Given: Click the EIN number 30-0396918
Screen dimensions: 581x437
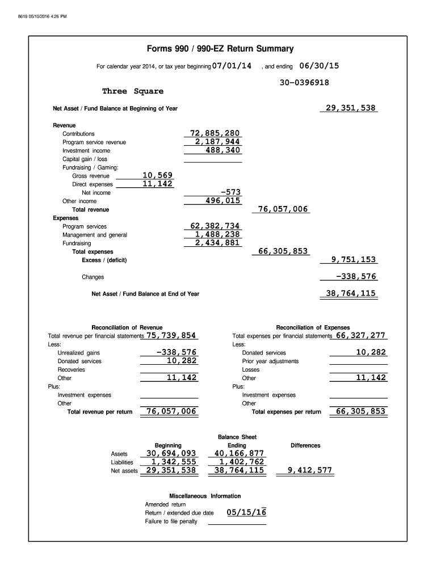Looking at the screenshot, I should (304, 82).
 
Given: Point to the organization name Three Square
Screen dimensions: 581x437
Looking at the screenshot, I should (132, 91).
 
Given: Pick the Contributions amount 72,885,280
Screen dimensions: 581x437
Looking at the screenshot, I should (215, 133).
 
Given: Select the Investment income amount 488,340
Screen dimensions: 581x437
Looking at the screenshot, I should (223, 150).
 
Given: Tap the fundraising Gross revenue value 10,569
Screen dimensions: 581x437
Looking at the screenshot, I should (157, 175).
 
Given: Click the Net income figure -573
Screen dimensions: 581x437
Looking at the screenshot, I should (230, 192).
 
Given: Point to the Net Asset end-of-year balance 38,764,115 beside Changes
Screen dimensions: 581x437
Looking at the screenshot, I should (350, 293).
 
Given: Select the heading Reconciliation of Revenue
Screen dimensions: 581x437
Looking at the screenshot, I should (127, 327).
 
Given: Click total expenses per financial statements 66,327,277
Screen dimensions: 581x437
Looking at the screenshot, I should (361, 335).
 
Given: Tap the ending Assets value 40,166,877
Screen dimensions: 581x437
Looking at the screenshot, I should (239, 453).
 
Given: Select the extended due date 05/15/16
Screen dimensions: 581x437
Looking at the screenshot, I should (246, 512).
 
